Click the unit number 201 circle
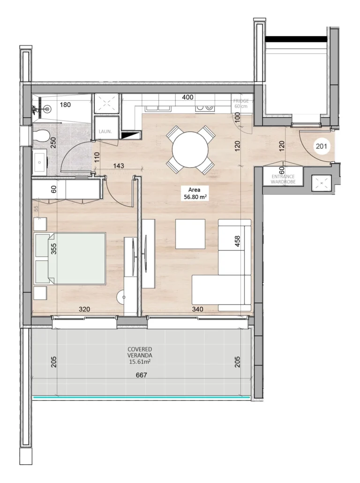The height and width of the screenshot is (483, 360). [x=321, y=147]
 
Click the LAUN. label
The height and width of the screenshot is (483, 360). [x=105, y=132]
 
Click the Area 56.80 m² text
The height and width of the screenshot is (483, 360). [x=195, y=193]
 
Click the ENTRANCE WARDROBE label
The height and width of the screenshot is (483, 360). [x=283, y=179]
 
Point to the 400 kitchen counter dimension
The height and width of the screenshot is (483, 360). [x=187, y=98]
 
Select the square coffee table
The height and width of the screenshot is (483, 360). [x=190, y=234]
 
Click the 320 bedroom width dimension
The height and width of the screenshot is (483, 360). [x=84, y=309]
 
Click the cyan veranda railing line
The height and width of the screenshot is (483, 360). [x=141, y=398]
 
